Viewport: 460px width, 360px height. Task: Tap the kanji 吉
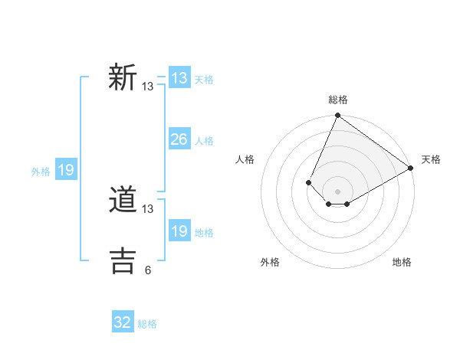[123, 260]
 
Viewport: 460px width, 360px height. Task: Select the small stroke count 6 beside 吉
[148, 270]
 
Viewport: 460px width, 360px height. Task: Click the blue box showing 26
[179, 139]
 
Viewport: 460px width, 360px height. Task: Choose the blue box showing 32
[123, 322]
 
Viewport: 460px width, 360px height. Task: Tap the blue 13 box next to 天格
[179, 78]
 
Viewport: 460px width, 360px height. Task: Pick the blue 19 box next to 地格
[179, 231]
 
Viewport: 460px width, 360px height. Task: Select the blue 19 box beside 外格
[66, 170]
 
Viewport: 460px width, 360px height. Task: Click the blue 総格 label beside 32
[147, 324]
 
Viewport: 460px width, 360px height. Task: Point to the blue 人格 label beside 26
[204, 141]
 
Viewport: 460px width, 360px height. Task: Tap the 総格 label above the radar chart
[337, 100]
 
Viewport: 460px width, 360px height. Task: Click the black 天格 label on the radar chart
[431, 159]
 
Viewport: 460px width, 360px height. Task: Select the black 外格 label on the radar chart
[269, 262]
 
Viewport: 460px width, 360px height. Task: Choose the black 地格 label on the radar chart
[402, 262]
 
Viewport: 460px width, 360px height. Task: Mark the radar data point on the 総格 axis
[337, 116]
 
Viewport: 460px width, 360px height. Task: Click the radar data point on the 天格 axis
[410, 168]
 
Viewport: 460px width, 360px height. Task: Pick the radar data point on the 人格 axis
[308, 182]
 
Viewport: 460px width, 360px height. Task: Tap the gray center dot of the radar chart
[337, 191]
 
